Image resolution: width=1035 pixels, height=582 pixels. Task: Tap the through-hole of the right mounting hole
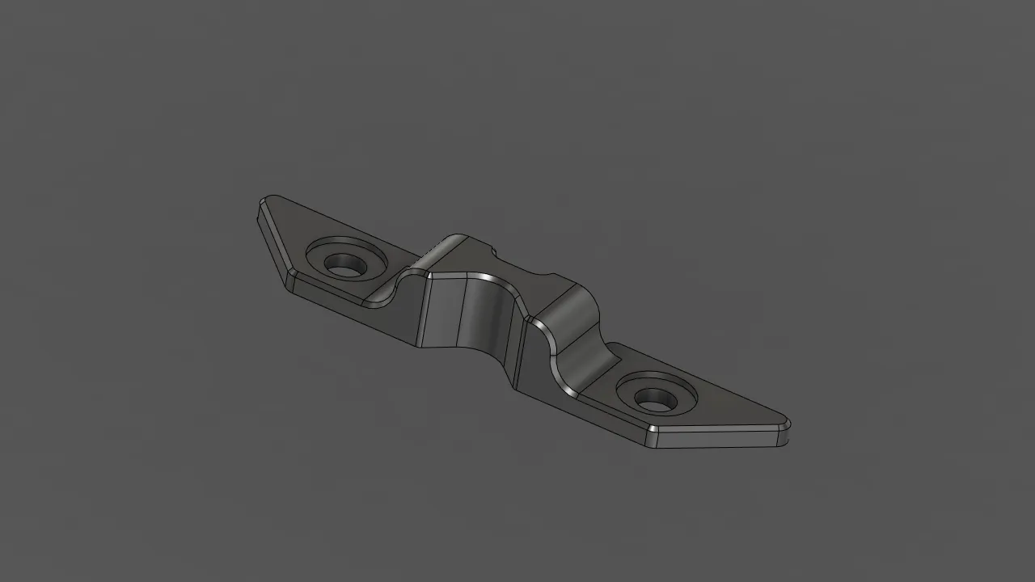click(x=653, y=398)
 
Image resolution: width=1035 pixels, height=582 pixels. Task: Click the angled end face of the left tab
click(x=273, y=241)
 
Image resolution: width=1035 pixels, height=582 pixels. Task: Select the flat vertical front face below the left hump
click(x=440, y=312)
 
